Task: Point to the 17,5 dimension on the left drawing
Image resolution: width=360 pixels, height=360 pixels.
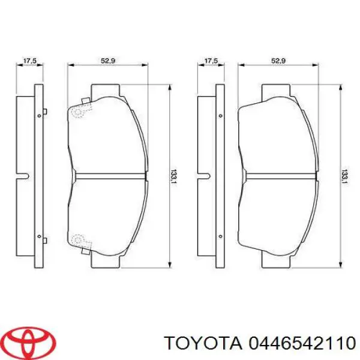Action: [x=30, y=60]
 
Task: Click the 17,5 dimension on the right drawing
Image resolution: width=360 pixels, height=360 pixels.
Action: [x=211, y=60]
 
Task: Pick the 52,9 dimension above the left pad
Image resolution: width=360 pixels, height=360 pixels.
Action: [x=108, y=60]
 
